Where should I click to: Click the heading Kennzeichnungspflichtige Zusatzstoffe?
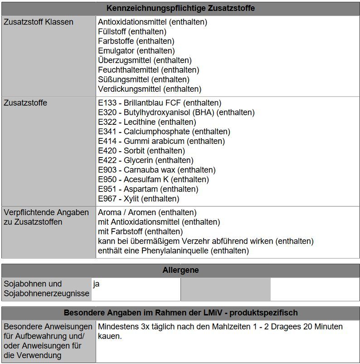point(180,8)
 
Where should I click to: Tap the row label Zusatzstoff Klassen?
point(38,22)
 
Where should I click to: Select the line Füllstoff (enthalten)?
point(132,31)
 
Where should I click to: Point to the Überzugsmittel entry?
point(145,60)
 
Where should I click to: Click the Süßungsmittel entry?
point(143,79)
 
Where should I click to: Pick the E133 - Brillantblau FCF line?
point(159,103)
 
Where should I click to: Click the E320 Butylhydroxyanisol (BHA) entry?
point(176,112)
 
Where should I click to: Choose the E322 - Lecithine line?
point(147,122)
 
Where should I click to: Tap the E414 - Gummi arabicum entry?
point(161,141)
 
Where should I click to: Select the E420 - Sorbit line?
point(141,151)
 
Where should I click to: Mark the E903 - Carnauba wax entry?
point(156,170)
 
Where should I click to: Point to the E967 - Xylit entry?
point(138,198)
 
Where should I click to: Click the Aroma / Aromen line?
point(147,212)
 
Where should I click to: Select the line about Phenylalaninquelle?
point(173,251)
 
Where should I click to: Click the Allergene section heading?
point(180,271)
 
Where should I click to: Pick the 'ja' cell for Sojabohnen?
point(96,284)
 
